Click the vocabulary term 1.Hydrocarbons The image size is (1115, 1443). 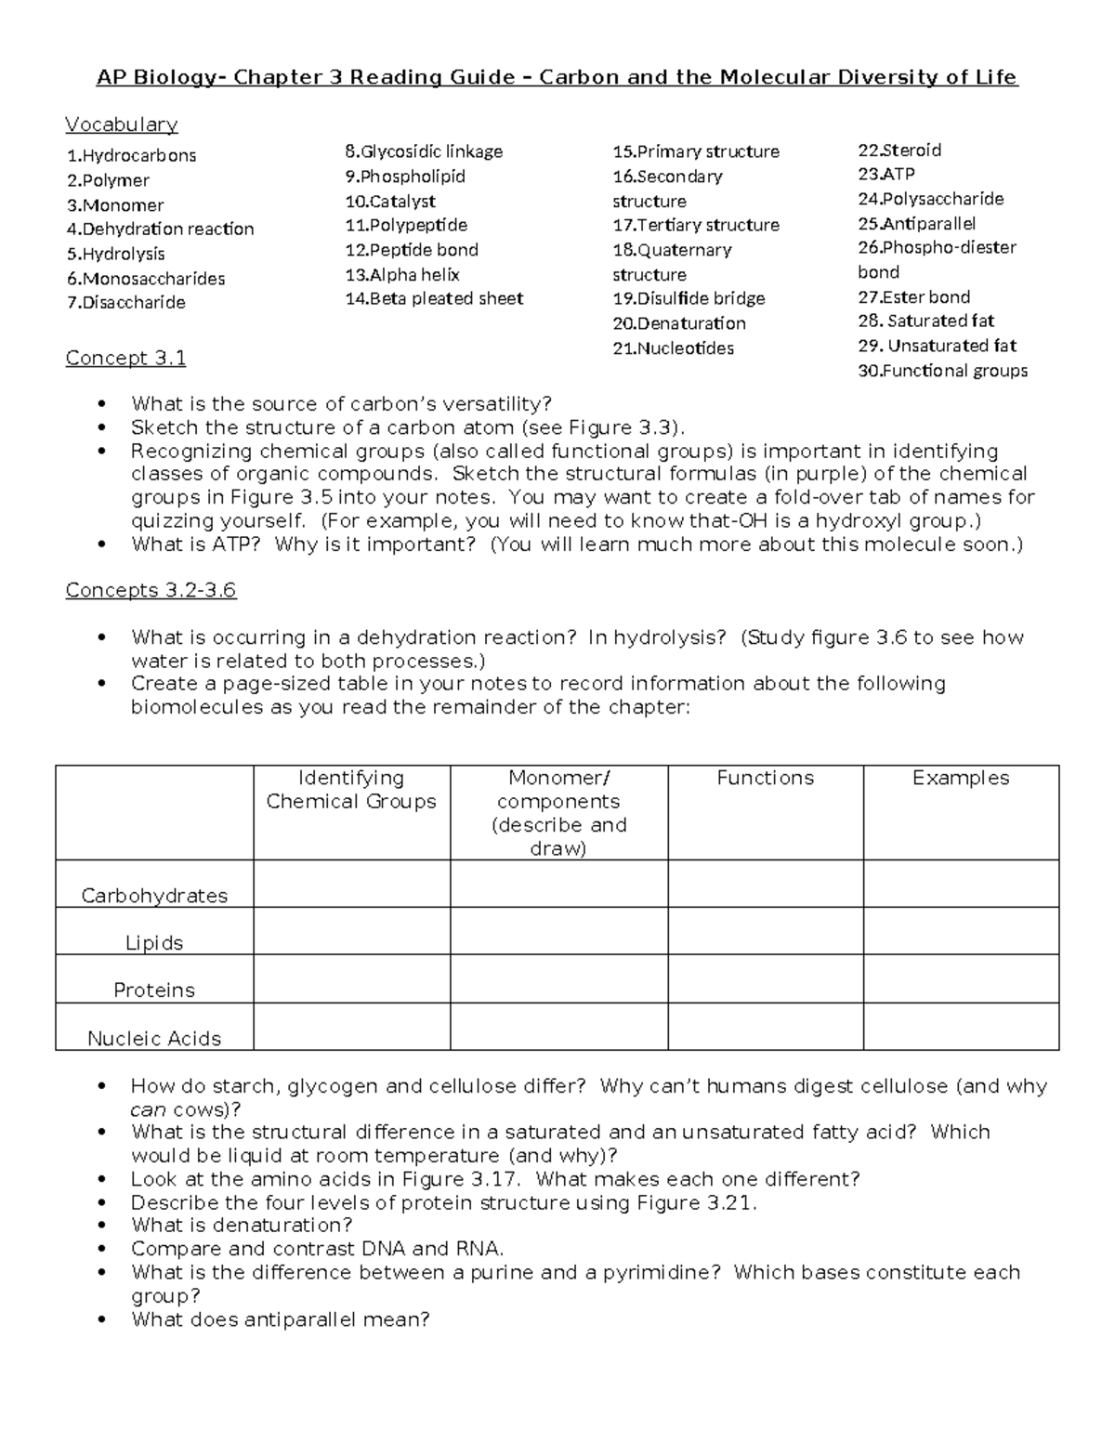[x=131, y=155]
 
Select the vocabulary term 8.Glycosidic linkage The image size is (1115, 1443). [x=424, y=151]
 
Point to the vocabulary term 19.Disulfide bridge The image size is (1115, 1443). [x=689, y=298]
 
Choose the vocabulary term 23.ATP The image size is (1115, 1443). [x=886, y=174]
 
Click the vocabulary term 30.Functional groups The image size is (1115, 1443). [x=942, y=371]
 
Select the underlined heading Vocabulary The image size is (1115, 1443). [x=121, y=125]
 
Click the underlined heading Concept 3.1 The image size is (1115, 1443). [x=125, y=358]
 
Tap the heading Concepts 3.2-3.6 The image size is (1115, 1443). [x=151, y=590]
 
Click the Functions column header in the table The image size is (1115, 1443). [x=765, y=779]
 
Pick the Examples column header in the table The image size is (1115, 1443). [x=961, y=779]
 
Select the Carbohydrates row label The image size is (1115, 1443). [x=154, y=896]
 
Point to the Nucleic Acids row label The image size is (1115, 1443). [x=154, y=1038]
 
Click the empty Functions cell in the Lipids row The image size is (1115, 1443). [x=765, y=931]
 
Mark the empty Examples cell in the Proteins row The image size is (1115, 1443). [x=961, y=978]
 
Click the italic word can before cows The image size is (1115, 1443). [x=148, y=1109]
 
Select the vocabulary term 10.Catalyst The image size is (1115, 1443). [x=390, y=201]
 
